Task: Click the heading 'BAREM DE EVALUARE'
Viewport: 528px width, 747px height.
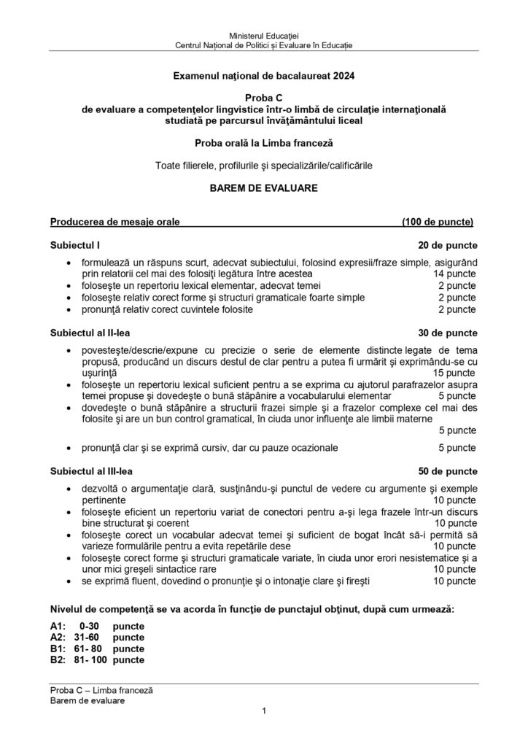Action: click(263, 187)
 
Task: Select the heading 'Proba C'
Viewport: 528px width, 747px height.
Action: click(263, 98)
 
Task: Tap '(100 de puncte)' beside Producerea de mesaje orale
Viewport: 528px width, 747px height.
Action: click(438, 222)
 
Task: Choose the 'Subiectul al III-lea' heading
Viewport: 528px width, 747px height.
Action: click(92, 471)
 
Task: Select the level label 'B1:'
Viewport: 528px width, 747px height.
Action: click(58, 649)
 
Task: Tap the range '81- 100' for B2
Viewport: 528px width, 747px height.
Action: click(90, 659)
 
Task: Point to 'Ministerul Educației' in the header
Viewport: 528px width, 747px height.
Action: click(263, 36)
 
